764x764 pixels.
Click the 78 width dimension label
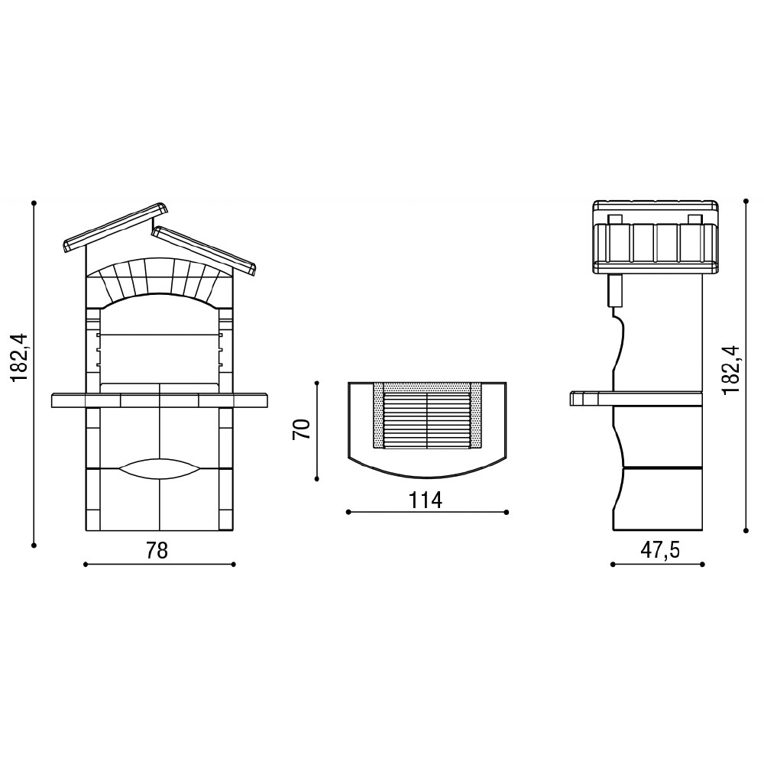pyautogui.click(x=157, y=550)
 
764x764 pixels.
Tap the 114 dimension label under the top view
pyautogui.click(x=426, y=500)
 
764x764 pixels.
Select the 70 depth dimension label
pyautogui.click(x=302, y=429)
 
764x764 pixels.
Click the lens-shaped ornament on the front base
pyautogui.click(x=160, y=469)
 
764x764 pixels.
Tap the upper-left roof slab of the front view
pyautogui.click(x=115, y=228)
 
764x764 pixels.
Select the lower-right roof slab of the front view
pyautogui.click(x=204, y=251)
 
